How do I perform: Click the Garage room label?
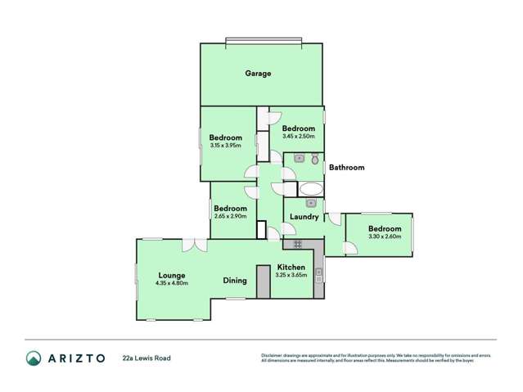[258, 74]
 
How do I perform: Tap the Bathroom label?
[346, 168]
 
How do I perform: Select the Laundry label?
[304, 217]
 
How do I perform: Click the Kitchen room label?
[291, 268]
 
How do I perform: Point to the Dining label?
[235, 281]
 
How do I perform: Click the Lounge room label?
[172, 276]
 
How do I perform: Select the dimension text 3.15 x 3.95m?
[225, 146]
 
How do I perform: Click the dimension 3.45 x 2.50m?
[299, 137]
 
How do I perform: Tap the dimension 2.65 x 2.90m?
[230, 216]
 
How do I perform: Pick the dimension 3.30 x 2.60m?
[385, 237]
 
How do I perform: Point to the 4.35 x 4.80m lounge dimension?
[172, 284]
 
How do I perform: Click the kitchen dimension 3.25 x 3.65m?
[291, 276]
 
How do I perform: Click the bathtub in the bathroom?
[311, 189]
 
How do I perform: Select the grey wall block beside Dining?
[263, 282]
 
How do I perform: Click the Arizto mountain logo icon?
[34, 358]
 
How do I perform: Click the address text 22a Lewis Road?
[147, 358]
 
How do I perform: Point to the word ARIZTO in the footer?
[77, 358]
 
